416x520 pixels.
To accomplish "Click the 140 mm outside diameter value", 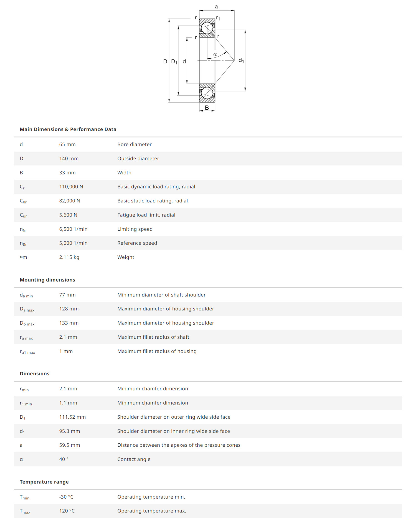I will pos(69,159).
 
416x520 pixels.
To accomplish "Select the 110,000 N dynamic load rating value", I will pos(71,187).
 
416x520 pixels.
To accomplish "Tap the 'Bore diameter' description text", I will pos(134,144).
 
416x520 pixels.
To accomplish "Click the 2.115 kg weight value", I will pos(69,257).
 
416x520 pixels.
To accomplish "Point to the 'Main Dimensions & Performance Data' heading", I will pos(68,129).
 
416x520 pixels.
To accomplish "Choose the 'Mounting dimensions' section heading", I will pos(47,280).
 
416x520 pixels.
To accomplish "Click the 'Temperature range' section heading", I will pos(44,482).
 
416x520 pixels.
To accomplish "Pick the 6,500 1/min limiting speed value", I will pos(73,229).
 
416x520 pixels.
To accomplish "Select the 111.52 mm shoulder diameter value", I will pos(72,417).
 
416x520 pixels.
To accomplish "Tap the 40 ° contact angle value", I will pos(64,459).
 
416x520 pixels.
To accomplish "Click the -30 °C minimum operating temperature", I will pos(66,497).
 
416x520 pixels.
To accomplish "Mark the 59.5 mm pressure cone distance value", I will pos(69,445).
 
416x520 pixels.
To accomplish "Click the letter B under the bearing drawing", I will pos(207,108).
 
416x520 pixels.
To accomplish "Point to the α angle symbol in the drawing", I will pos(215,55).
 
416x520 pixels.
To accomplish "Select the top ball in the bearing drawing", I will pos(207,28).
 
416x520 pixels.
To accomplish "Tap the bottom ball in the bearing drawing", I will pos(207,93).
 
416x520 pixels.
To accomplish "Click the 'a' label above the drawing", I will pos(216,7).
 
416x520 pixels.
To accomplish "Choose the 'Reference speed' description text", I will pos(137,243).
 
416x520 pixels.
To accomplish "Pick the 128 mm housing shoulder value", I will pos(69,309).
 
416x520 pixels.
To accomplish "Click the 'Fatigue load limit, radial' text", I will pos(146,215).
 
